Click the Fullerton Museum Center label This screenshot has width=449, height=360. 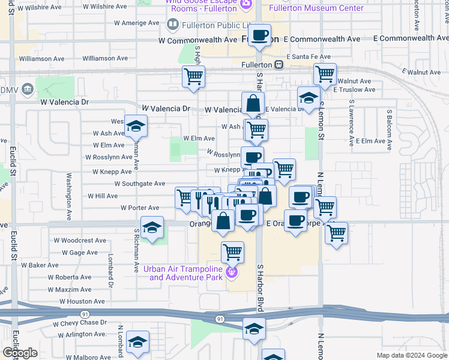324,8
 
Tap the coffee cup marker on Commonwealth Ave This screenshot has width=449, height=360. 260,35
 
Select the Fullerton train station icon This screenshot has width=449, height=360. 279,64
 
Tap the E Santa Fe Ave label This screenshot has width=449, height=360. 309,56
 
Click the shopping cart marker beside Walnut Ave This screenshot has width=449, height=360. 325,75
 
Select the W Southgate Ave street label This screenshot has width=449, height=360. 139,184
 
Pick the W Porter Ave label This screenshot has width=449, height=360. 140,208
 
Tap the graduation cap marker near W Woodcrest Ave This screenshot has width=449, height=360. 152,228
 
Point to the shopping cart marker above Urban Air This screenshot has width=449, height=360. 232,251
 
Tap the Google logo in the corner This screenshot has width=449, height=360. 20,353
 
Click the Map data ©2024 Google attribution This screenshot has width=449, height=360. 412,355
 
